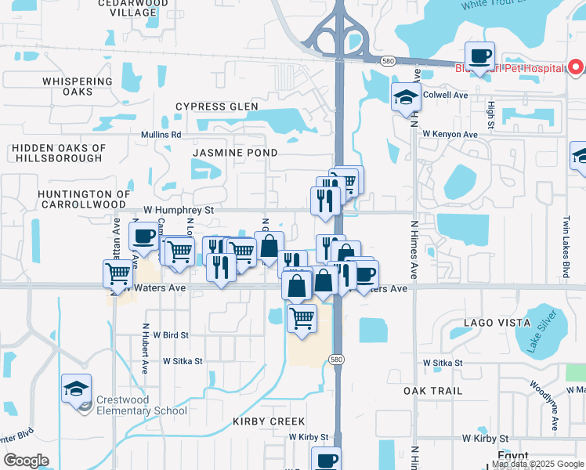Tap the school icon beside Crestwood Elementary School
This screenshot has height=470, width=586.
pos(77,389)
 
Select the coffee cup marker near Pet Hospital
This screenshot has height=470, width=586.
pos(479,56)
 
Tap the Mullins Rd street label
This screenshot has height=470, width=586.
pos(161,135)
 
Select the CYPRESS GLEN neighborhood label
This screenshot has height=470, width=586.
pos(217,107)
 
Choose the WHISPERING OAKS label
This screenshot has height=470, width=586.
pos(78,86)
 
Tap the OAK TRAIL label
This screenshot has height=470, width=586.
pos(432,390)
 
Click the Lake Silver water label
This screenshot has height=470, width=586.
pos(541,331)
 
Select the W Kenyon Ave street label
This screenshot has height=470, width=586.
pos(450,135)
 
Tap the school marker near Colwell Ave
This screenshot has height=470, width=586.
pos(407,98)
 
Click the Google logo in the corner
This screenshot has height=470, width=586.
pos(26,461)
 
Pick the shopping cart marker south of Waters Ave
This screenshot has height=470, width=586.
pos(302,318)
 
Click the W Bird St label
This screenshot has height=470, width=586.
pos(171,334)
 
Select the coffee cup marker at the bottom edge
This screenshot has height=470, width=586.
pos(326,460)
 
